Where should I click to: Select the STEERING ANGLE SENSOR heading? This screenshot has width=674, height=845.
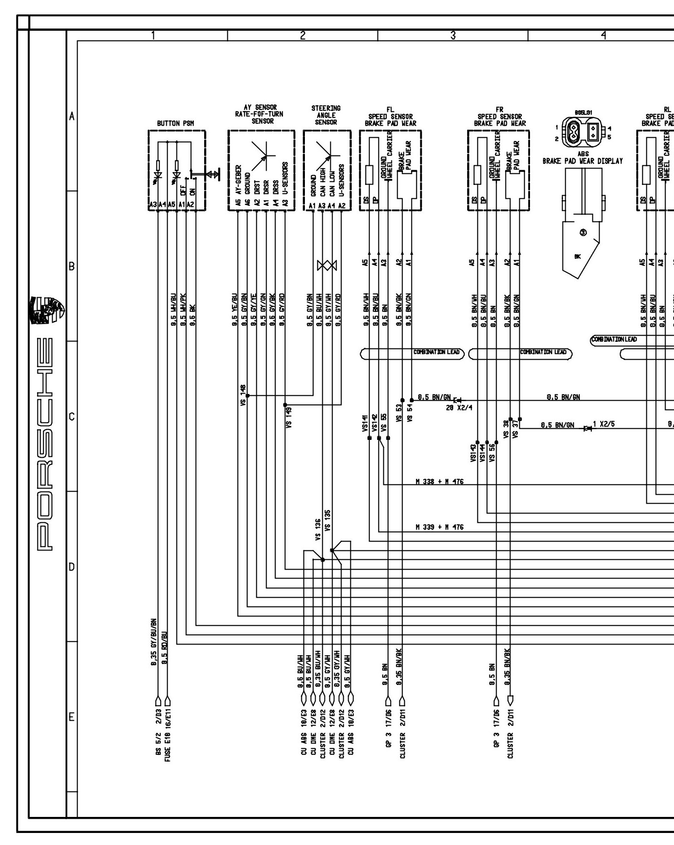[x=326, y=115]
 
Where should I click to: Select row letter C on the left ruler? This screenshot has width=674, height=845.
[x=71, y=417]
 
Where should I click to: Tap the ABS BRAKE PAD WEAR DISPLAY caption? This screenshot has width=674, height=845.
[x=582, y=158]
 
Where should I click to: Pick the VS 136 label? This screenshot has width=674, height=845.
[x=318, y=529]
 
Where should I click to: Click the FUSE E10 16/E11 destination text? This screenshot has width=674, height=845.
[x=168, y=736]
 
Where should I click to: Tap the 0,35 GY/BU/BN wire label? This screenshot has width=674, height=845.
[x=153, y=642]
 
